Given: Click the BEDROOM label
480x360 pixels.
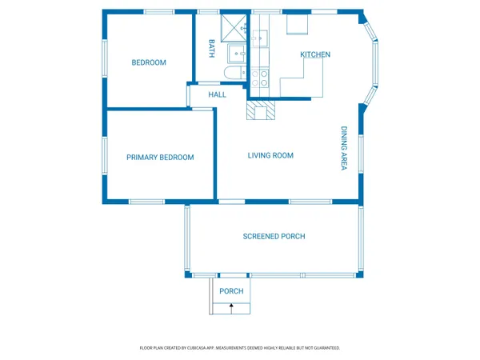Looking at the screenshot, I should [x=149, y=62].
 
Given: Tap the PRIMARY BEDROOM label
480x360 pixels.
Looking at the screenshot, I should [x=160, y=158].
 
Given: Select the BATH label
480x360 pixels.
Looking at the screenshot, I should [x=212, y=49].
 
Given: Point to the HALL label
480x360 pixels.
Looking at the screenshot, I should [x=217, y=94].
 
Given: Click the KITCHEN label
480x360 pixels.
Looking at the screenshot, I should [x=314, y=54].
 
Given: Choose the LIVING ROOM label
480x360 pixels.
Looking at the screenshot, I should [x=270, y=155].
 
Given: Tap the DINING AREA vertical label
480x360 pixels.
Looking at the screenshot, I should [x=344, y=149].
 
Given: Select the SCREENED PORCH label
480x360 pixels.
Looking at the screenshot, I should [x=274, y=236].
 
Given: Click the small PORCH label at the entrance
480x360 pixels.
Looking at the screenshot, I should [x=231, y=291].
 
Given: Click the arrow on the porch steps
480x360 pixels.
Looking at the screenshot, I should [x=231, y=308].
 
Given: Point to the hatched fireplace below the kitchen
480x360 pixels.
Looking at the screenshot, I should [x=260, y=110].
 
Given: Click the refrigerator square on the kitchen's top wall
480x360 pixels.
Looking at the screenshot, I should [x=297, y=26].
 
